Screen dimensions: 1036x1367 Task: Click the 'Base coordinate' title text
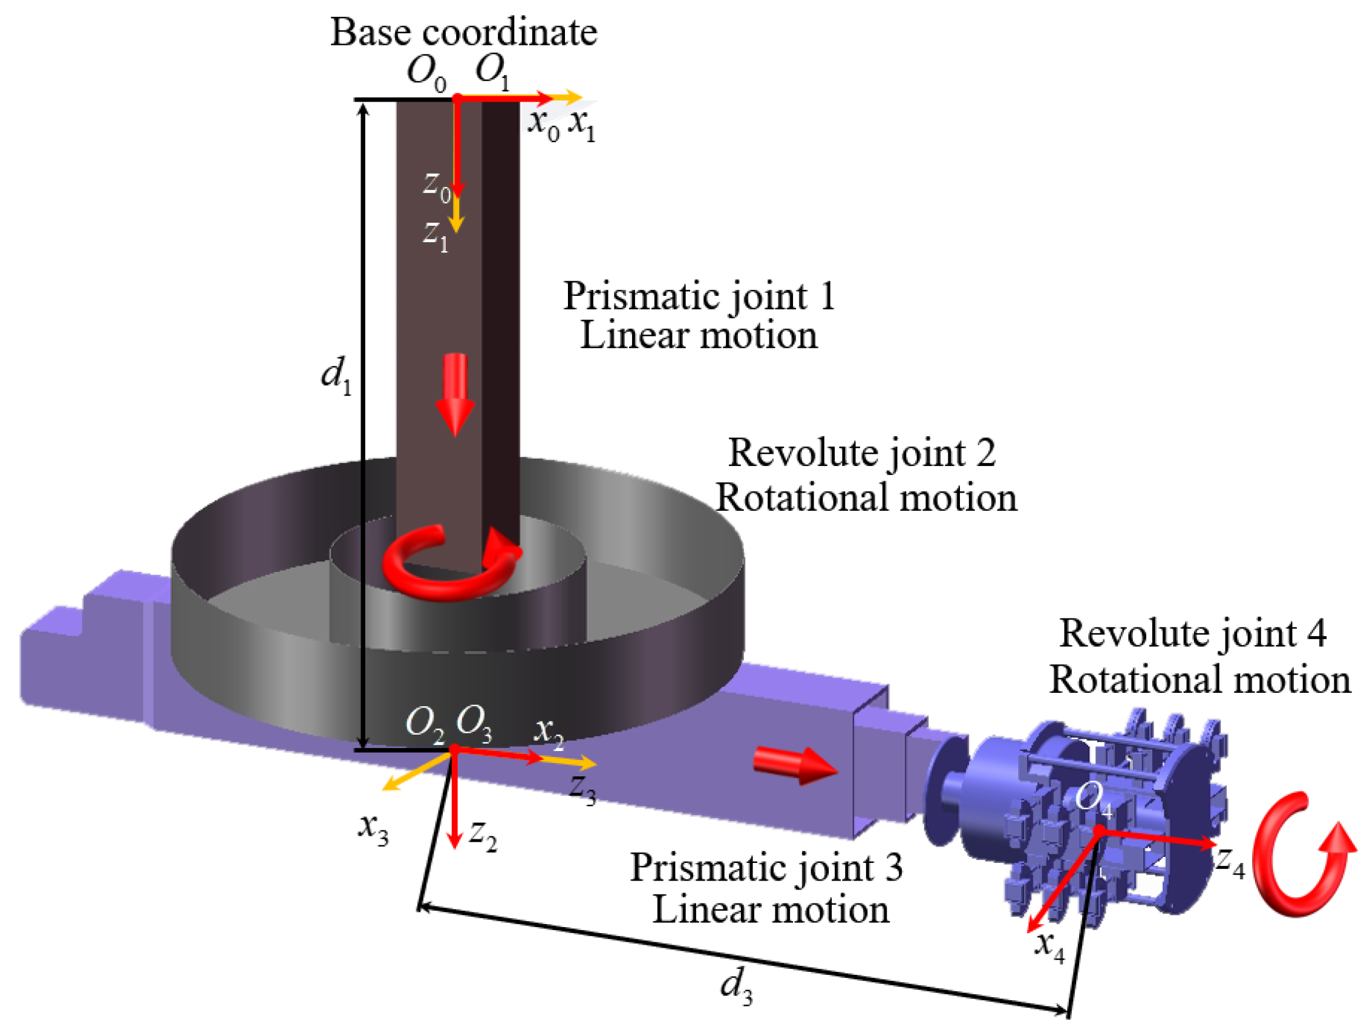(463, 32)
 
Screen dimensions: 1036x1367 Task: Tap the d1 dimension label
(336, 375)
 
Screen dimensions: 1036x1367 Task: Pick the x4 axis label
(1050, 946)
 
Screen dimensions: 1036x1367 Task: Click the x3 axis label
(373, 828)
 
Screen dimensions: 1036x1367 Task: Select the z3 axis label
(582, 788)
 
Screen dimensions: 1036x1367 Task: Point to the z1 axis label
(435, 235)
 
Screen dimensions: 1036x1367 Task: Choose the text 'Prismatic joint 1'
(699, 296)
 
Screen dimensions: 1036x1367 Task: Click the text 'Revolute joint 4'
(1193, 634)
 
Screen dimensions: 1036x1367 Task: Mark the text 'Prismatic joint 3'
(766, 867)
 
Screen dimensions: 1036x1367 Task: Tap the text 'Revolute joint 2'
(862, 453)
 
